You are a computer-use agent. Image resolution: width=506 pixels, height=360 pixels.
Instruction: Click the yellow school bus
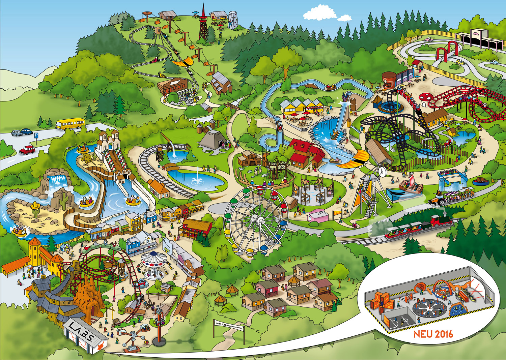70,123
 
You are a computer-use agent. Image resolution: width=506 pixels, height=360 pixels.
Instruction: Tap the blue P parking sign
36,135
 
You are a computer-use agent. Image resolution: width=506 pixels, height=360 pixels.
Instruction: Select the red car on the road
27,149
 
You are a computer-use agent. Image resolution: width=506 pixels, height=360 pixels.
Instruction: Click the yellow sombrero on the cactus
35,205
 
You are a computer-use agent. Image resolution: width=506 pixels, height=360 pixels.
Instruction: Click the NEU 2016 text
433,334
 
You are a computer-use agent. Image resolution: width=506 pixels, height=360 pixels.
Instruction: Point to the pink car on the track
428,39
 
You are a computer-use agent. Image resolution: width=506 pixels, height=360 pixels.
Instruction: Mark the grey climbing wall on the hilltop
232,20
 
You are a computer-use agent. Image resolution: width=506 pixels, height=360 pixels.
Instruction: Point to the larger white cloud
320,13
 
